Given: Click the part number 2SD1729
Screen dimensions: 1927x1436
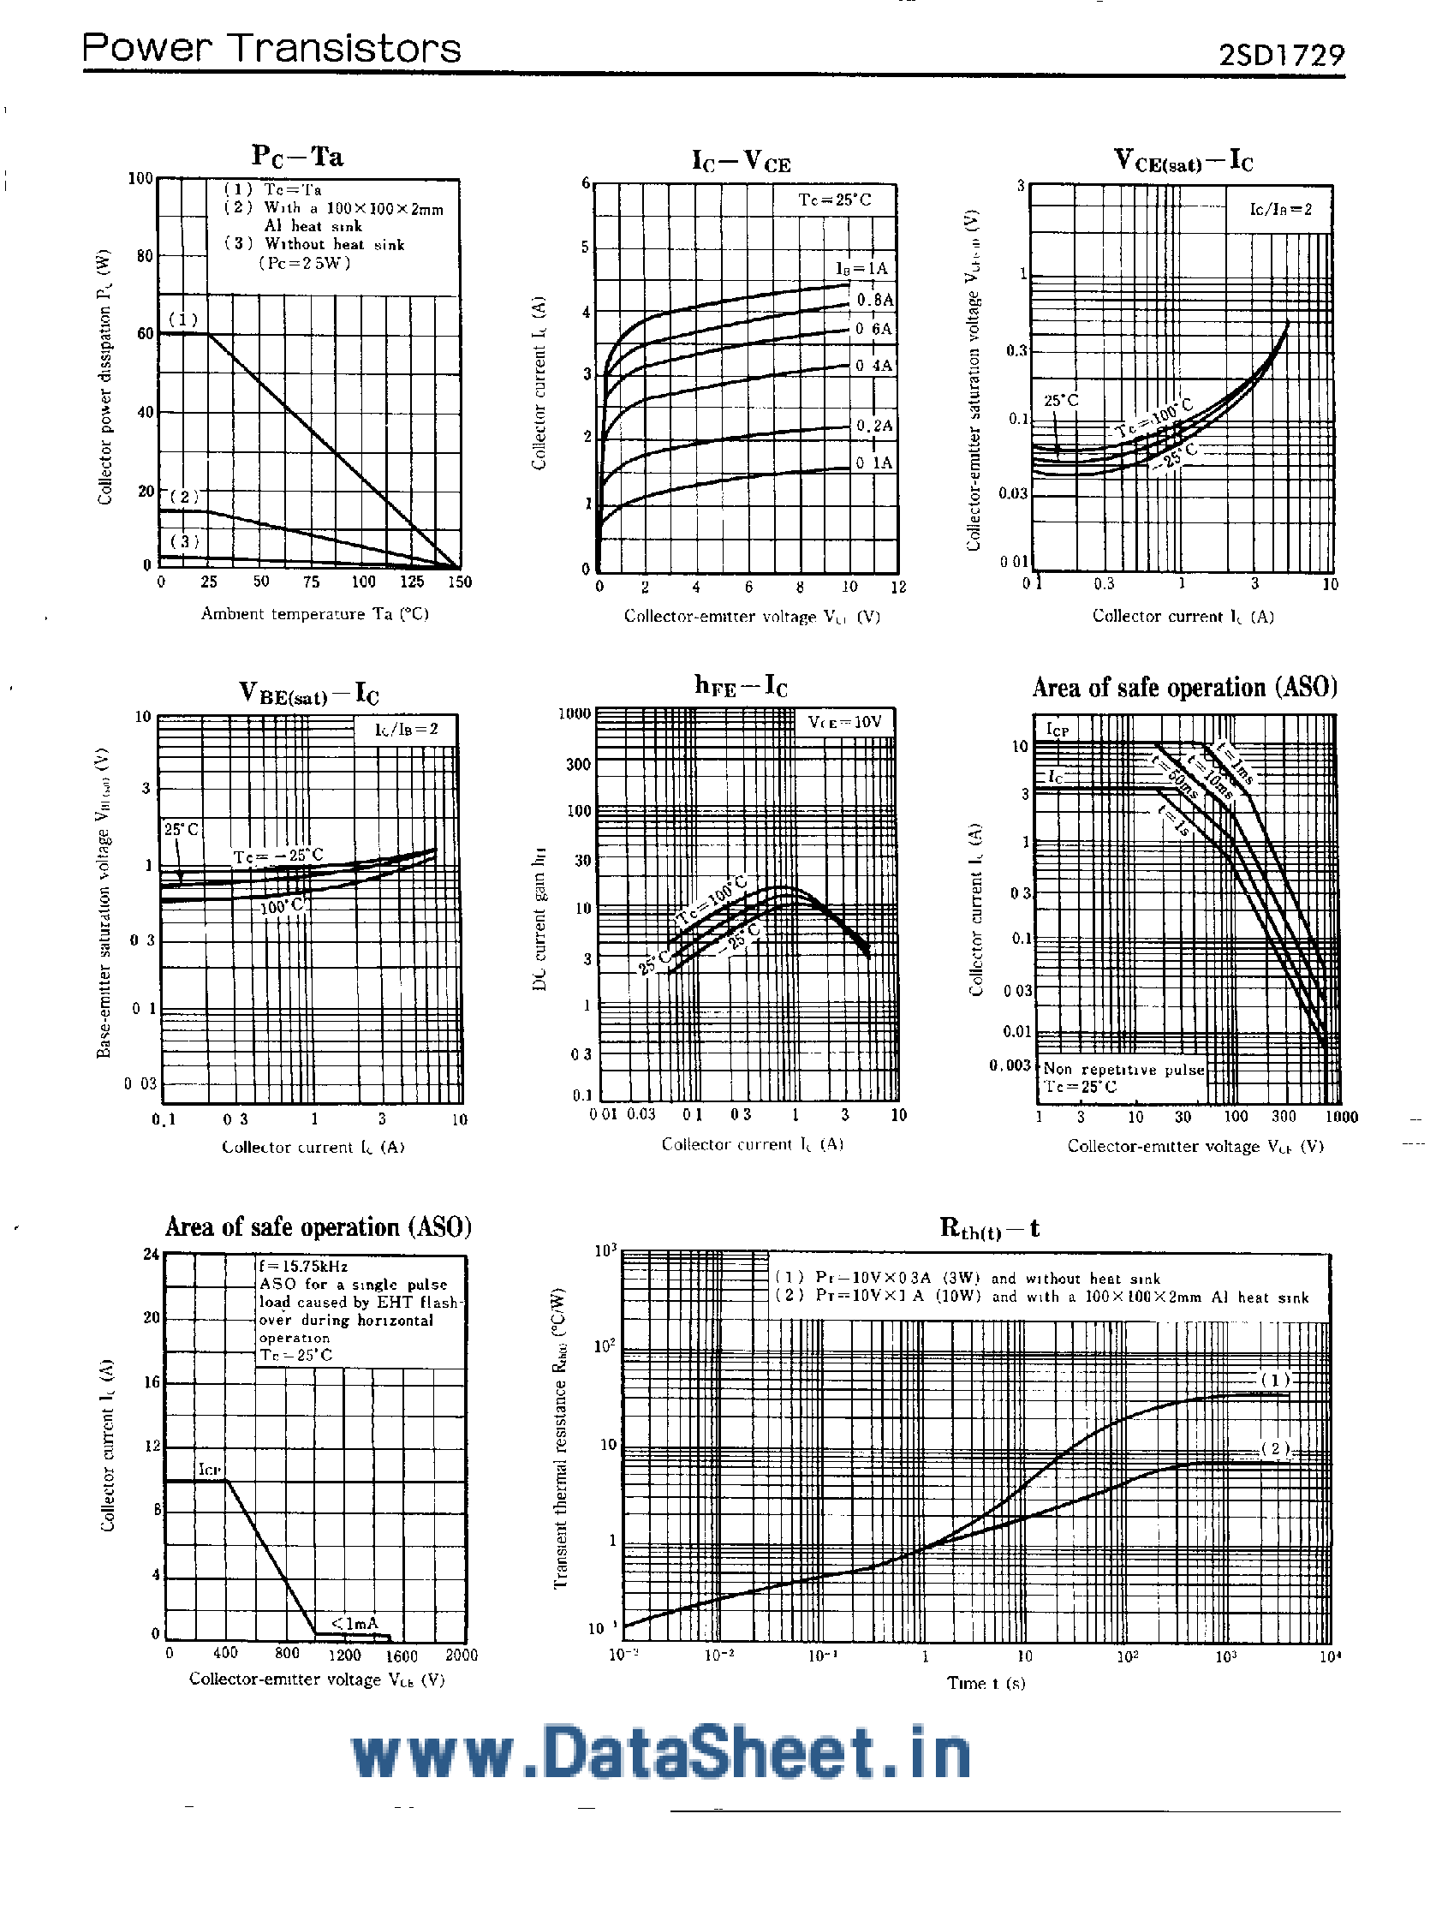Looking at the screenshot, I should [x=1281, y=55].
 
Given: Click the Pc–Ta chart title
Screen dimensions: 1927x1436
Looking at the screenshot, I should [x=297, y=157].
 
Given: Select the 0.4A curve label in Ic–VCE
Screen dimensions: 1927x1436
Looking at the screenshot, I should [x=873, y=366].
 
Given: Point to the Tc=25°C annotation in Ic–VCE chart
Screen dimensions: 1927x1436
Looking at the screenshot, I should [x=835, y=200].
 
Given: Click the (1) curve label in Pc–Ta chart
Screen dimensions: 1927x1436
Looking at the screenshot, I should [x=182, y=319].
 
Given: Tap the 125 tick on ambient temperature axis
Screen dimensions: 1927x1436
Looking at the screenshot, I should [x=411, y=582].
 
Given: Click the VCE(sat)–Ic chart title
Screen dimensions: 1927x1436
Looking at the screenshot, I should [x=1183, y=161].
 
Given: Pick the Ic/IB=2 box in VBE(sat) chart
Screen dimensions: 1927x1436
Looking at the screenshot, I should [x=406, y=729].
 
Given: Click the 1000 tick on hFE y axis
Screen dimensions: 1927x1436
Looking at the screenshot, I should [x=574, y=713].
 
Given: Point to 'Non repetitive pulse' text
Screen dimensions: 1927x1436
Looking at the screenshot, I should [x=1123, y=1069].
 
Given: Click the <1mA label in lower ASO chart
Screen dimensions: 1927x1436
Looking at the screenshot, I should [x=354, y=1623].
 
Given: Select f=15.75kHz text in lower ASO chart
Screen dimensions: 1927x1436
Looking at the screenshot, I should [x=302, y=1267].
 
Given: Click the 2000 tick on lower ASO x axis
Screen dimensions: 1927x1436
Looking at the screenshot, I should [x=461, y=1655].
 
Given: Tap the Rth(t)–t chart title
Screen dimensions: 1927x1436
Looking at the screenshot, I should [x=989, y=1228].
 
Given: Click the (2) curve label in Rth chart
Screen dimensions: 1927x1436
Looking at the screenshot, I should [x=1275, y=1448].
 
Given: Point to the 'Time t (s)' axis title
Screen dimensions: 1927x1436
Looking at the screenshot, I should [x=986, y=1683].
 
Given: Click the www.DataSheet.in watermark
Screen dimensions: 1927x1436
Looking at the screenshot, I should [x=661, y=1754].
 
